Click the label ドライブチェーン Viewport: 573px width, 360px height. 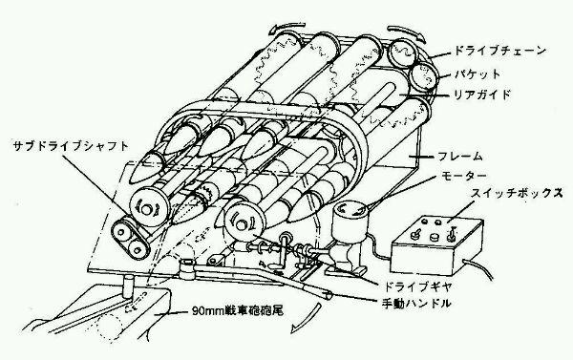click(x=499, y=51)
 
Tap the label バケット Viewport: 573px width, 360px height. click(x=477, y=74)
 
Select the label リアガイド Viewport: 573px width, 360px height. click(x=481, y=95)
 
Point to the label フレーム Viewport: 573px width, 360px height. click(x=459, y=157)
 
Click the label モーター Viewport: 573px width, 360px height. click(x=464, y=176)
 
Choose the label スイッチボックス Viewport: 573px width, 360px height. click(x=517, y=193)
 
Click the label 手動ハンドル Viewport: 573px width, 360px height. click(x=415, y=304)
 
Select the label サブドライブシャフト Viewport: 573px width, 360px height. click(x=71, y=146)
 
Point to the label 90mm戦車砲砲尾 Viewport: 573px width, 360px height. click(x=238, y=311)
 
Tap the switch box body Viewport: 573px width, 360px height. click(x=437, y=245)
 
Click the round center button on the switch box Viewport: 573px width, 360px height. click(x=435, y=237)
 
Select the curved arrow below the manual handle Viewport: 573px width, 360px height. click(x=306, y=317)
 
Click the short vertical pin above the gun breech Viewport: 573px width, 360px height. click(x=129, y=286)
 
